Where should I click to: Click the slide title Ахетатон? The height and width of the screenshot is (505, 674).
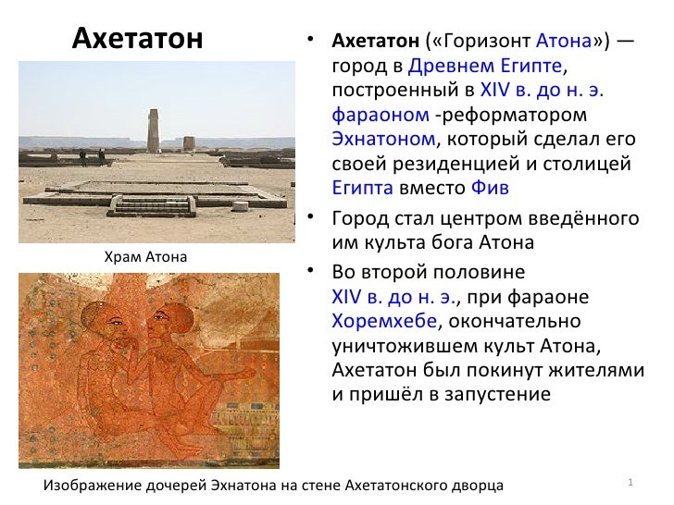(x=137, y=38)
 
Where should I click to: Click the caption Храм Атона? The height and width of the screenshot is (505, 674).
(x=146, y=256)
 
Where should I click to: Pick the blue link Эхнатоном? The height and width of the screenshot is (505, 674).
(x=382, y=140)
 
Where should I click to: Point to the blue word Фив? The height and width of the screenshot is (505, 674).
(x=490, y=188)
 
